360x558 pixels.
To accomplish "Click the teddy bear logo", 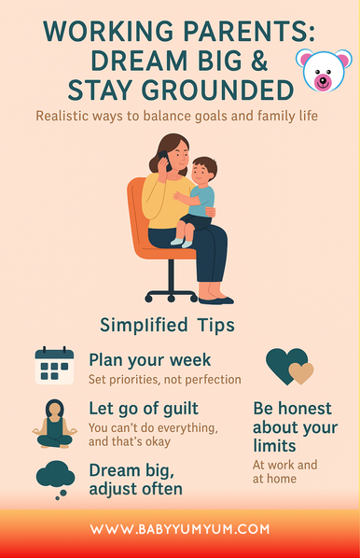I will coord(323,72).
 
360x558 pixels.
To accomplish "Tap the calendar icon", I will coord(54,365).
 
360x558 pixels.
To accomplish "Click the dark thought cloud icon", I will coord(55,478).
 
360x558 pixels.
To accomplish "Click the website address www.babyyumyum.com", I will coord(180,529).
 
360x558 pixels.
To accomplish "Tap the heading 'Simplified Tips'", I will coord(166,325).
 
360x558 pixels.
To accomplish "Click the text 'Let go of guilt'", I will coord(144,409).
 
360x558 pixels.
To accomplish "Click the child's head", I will coord(204,171).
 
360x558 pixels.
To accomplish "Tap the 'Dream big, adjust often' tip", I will coord(136,478).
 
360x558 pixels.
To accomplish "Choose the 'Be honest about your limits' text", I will coord(292,427).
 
